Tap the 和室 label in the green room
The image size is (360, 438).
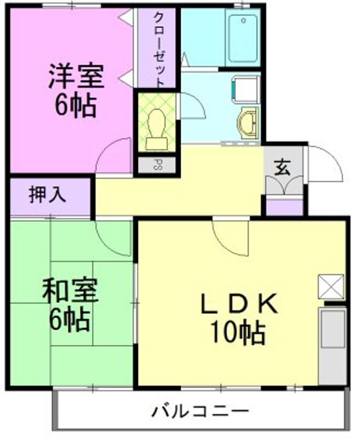click(x=70, y=291)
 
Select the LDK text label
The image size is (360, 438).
click(x=240, y=303)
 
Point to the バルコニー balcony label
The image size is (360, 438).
click(x=201, y=409)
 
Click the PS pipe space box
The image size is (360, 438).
click(x=156, y=164)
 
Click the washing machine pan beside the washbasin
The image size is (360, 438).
click(x=243, y=89)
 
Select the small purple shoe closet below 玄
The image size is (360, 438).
click(x=284, y=207)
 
